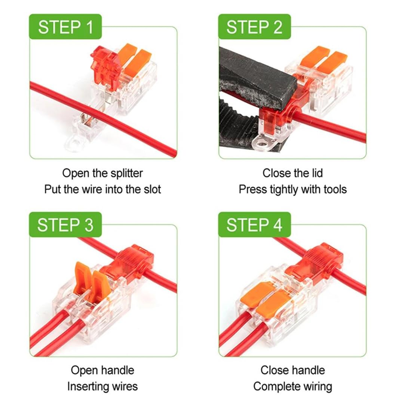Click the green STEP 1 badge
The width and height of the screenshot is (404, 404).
65,27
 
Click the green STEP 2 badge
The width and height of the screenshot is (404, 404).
254,27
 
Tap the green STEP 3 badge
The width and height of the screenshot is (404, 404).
65,225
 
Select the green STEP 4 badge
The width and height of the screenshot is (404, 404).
254,225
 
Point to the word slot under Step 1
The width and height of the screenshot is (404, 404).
151,189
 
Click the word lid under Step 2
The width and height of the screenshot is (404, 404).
314,173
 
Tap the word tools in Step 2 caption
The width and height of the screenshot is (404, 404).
331,189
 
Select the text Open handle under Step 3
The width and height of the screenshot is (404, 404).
102,370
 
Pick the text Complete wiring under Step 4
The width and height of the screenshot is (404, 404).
293,386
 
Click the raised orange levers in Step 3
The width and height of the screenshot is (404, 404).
88,277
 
